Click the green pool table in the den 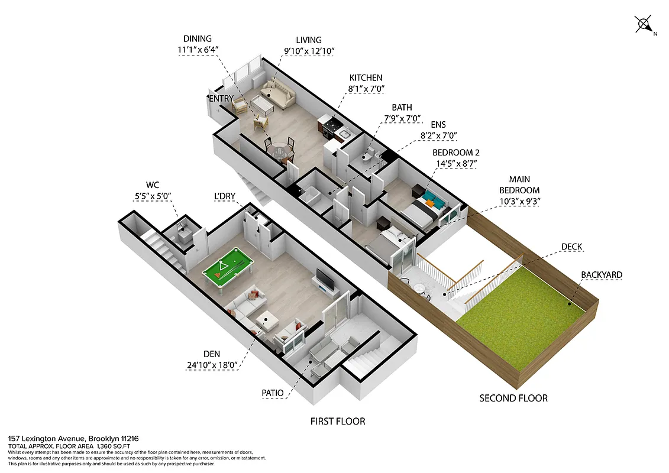point(228,270)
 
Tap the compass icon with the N point(644,25)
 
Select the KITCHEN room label point(366,78)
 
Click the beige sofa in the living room point(278,93)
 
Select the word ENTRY point(221,98)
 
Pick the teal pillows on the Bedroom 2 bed point(430,198)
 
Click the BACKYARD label point(601,275)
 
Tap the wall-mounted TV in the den point(325,280)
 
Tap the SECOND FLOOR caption point(513,398)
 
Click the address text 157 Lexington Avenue point(47,439)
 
